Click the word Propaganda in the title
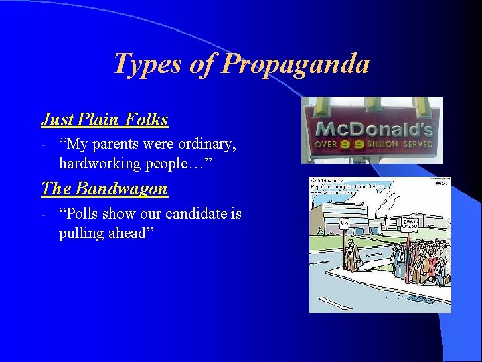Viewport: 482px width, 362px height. (295, 64)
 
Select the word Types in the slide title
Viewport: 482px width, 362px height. (147, 64)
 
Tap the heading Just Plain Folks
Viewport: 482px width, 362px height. (104, 120)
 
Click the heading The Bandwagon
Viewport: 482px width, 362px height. (104, 189)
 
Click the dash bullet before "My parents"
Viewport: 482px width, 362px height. (42, 144)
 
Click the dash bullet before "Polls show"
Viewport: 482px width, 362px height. (42, 214)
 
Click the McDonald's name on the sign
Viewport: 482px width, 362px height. (374, 129)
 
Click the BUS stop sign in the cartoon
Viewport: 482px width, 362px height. (344, 223)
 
